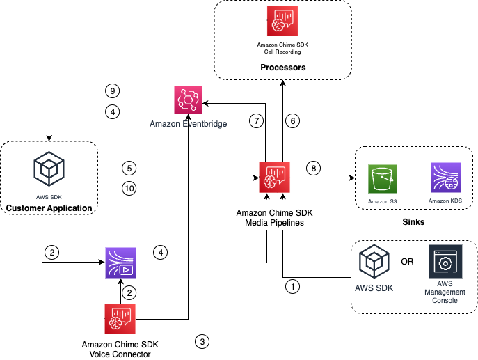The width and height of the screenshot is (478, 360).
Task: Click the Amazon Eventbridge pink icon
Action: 188,100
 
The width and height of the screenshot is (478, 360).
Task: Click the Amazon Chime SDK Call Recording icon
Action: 282,20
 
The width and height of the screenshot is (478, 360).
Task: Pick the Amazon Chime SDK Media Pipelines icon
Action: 274,177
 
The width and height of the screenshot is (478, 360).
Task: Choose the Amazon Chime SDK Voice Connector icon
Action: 120,319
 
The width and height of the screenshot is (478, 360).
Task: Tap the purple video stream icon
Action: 120,263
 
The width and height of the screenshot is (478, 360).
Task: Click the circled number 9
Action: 111,91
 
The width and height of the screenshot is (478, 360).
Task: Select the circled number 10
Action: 128,187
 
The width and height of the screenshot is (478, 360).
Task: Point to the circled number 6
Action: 294,121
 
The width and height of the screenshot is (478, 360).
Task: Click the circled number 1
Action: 294,285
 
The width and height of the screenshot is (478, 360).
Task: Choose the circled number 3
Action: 202,341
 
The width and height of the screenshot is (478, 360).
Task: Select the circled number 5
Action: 128,168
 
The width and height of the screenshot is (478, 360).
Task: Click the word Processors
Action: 282,68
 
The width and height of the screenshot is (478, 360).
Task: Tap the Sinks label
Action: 414,221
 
